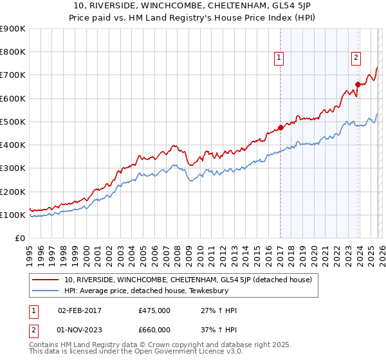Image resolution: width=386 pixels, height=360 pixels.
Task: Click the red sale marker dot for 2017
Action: click(280, 127)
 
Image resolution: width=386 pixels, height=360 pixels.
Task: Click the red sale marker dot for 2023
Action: click(358, 84)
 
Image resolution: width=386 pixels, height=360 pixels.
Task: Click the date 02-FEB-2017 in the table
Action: click(79, 310)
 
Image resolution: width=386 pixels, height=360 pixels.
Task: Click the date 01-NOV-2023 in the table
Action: click(79, 330)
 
